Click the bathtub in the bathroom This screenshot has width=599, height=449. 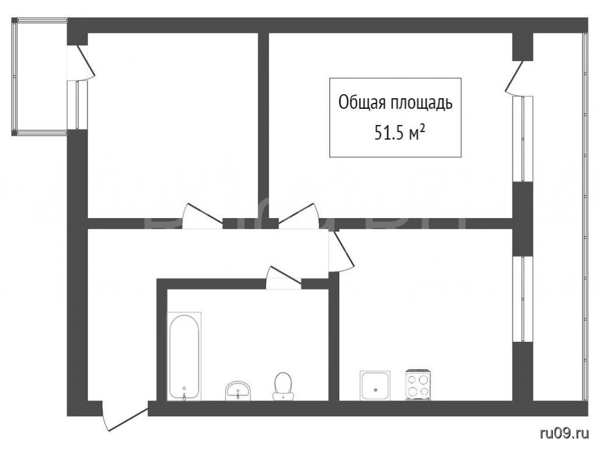(184, 356)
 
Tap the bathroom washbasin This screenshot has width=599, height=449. (237, 391)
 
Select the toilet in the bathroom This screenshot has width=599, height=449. (283, 386)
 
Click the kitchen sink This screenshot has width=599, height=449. (375, 386)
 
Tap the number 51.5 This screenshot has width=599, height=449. (389, 133)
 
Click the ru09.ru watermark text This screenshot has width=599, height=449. (564, 433)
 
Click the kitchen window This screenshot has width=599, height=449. (522, 299)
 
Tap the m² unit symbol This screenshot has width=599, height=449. (416, 134)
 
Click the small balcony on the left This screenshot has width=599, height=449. (40, 77)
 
